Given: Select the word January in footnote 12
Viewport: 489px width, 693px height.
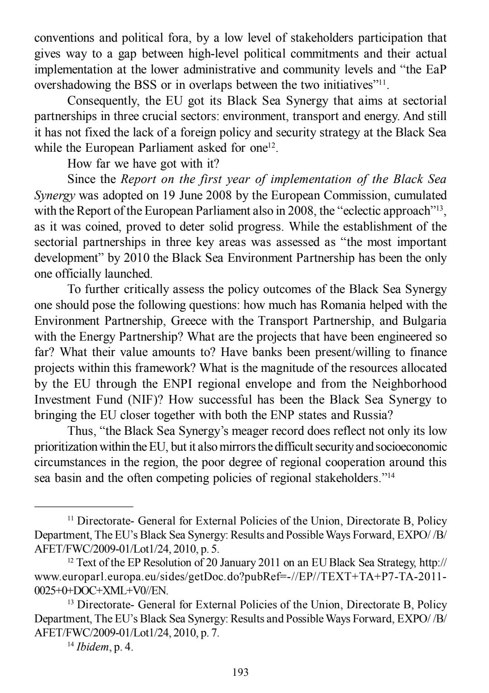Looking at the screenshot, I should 240,563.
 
